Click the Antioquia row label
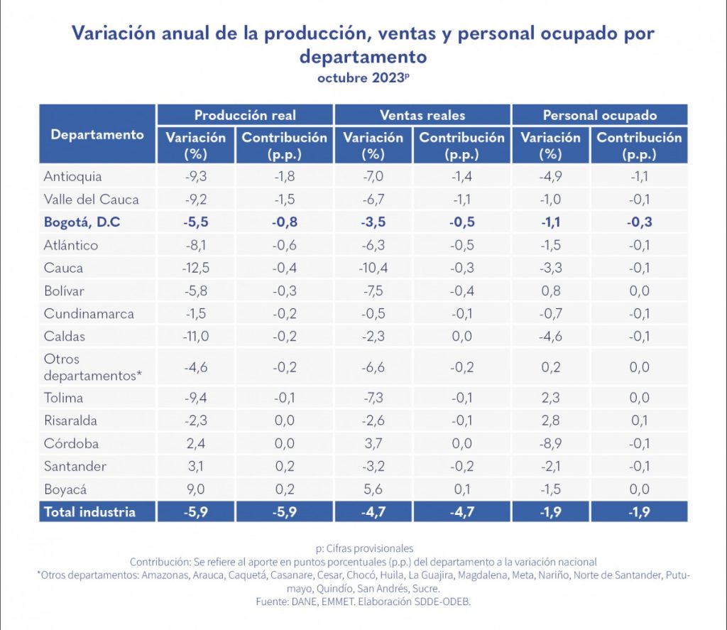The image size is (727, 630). [x=72, y=176]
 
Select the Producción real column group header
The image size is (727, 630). [x=245, y=115]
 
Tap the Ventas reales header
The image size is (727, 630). [x=422, y=115]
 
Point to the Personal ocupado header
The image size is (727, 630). [x=600, y=115]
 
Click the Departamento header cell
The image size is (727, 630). [x=97, y=134]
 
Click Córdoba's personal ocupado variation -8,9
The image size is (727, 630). [x=550, y=443]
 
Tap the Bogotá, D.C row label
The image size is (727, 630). [x=82, y=222]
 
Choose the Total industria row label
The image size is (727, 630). [x=89, y=511]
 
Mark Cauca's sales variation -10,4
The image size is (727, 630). [x=373, y=268]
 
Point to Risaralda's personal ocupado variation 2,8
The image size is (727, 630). [x=550, y=420]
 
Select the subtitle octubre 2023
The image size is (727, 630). [x=363, y=78]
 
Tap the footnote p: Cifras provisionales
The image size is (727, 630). [x=363, y=548]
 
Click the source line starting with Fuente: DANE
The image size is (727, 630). [x=363, y=601]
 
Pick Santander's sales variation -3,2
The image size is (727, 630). [x=373, y=466]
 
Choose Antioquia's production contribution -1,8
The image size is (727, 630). [x=284, y=176]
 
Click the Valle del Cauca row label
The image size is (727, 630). [x=91, y=199]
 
